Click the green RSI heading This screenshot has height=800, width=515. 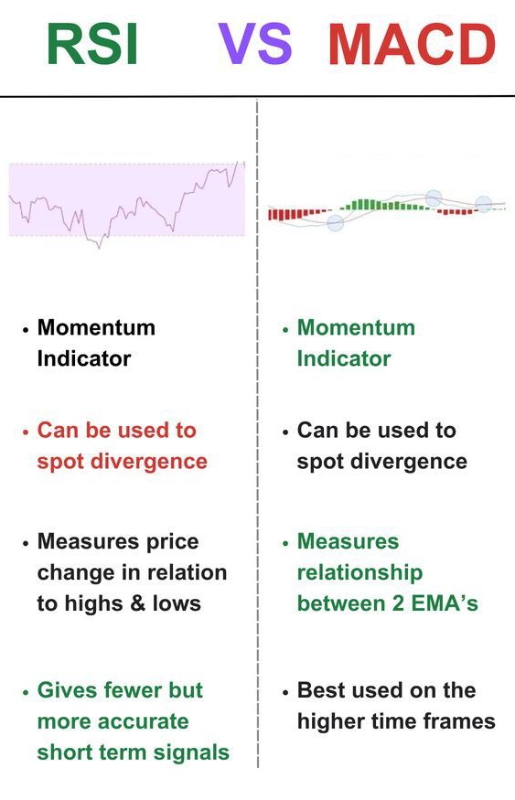91,45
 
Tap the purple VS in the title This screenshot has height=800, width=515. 255,45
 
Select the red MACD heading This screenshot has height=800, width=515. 412,45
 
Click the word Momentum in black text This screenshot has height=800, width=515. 96,327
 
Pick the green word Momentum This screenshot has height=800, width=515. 356,327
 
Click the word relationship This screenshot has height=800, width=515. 359,572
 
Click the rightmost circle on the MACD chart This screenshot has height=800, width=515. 483,205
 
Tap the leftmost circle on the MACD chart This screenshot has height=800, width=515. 335,222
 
